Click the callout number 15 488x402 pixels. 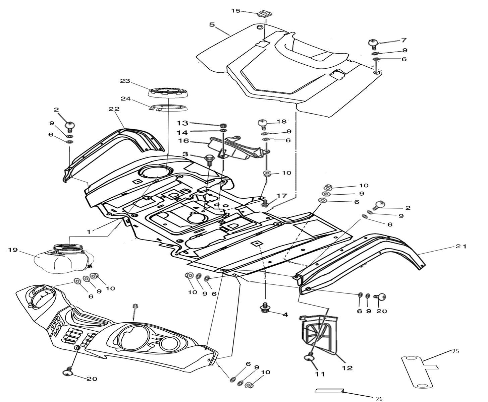pyautogui.click(x=236, y=11)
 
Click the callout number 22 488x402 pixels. pyautogui.click(x=114, y=109)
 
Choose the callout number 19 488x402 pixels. pyautogui.click(x=12, y=250)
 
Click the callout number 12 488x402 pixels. pyautogui.click(x=347, y=367)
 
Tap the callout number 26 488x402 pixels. pyautogui.click(x=379, y=399)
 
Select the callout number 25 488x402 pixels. pyautogui.click(x=455, y=351)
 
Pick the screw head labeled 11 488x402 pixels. pyautogui.click(x=310, y=358)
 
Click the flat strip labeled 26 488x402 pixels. pyautogui.click(x=330, y=391)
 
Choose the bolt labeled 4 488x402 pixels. pyautogui.click(x=265, y=308)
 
